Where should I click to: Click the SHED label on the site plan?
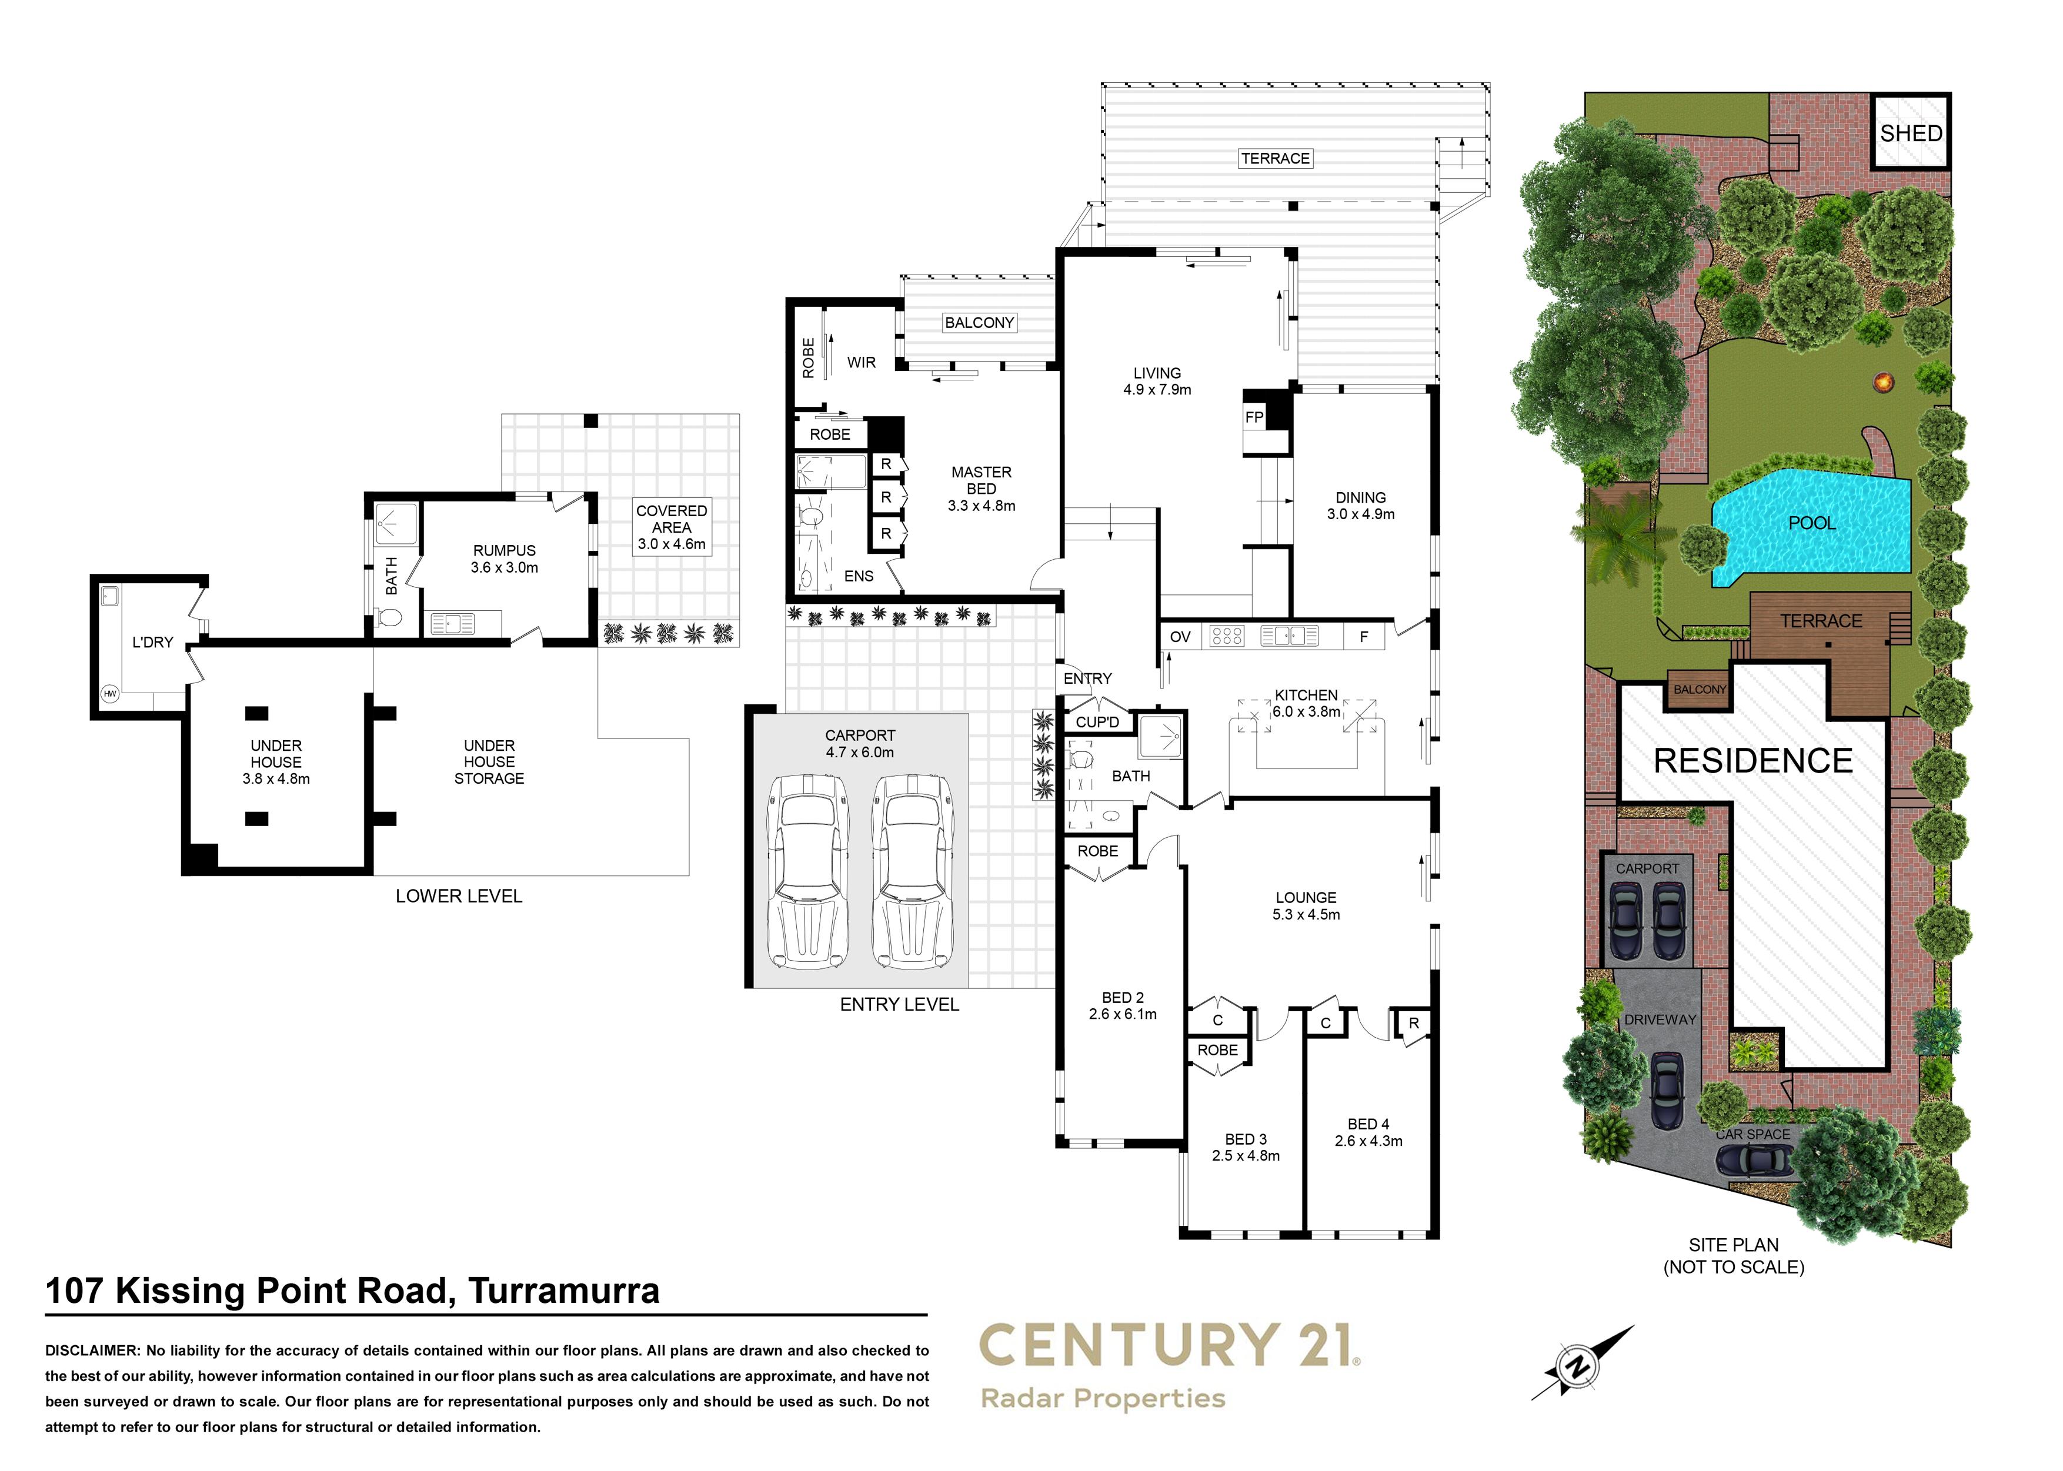(1911, 133)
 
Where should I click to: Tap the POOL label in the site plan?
(1812, 523)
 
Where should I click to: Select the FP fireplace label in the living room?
(1254, 417)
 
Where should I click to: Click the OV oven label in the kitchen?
(1180, 637)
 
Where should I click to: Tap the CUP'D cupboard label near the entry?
(1097, 722)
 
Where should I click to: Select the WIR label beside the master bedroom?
(861, 362)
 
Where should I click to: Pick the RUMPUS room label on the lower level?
(504, 551)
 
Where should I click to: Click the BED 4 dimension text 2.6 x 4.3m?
(1368, 1141)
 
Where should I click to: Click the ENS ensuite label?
(859, 576)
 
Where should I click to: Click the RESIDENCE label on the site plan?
(1753, 761)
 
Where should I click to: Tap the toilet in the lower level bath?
(389, 619)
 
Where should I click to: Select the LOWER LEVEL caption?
(459, 896)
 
